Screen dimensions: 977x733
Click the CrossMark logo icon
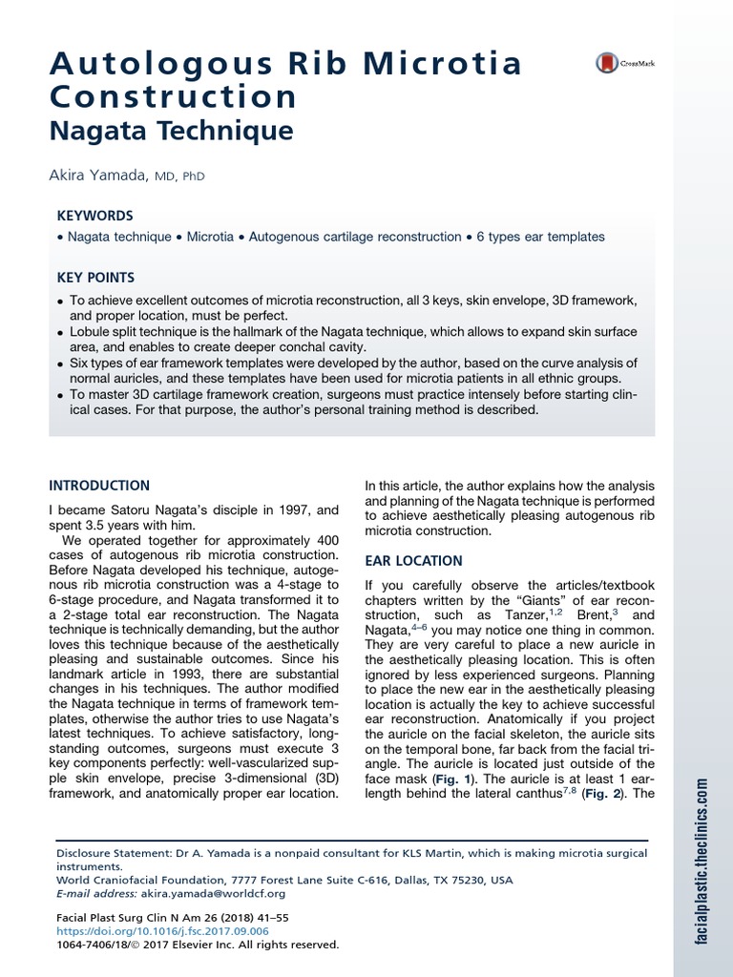[607, 64]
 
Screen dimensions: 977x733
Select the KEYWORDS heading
[95, 216]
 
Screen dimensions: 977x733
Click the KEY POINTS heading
[96, 278]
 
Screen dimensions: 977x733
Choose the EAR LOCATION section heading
[414, 560]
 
